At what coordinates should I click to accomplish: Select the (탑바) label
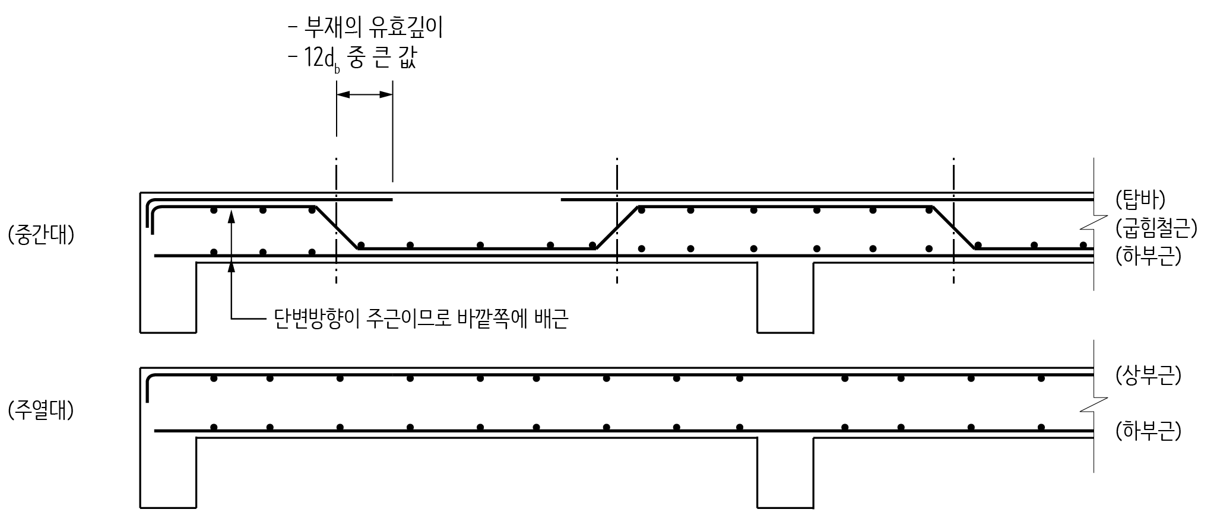pyautogui.click(x=1140, y=200)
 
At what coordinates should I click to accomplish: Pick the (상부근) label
pyautogui.click(x=1148, y=375)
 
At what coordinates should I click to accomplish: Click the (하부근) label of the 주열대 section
pyautogui.click(x=1148, y=431)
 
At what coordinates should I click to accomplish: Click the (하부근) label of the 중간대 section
pyautogui.click(x=1148, y=256)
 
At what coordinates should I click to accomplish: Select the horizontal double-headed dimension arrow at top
pyautogui.click(x=365, y=94)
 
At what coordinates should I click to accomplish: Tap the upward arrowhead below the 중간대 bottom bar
pyautogui.click(x=232, y=266)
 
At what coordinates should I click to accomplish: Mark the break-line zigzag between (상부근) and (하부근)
pyautogui.click(x=1094, y=404)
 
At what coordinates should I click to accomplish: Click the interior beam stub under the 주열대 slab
pyautogui.click(x=785, y=473)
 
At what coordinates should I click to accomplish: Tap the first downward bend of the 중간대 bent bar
pyautogui.click(x=337, y=228)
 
